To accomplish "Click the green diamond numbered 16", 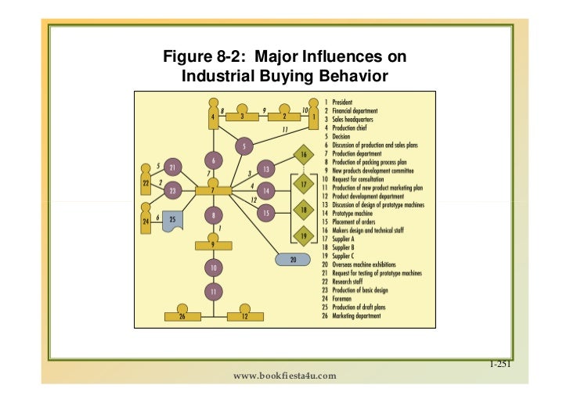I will (x=304, y=156).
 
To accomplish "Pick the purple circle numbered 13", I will (x=266, y=168).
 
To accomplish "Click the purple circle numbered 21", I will (x=173, y=166).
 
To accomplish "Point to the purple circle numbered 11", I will (x=213, y=292).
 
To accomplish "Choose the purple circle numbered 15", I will (x=266, y=212).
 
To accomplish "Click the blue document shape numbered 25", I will (x=175, y=220).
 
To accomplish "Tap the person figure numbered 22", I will (x=146, y=181).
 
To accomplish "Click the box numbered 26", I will (x=182, y=315).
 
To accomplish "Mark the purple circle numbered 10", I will (x=213, y=268).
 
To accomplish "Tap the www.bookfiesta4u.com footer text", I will (x=285, y=376).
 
